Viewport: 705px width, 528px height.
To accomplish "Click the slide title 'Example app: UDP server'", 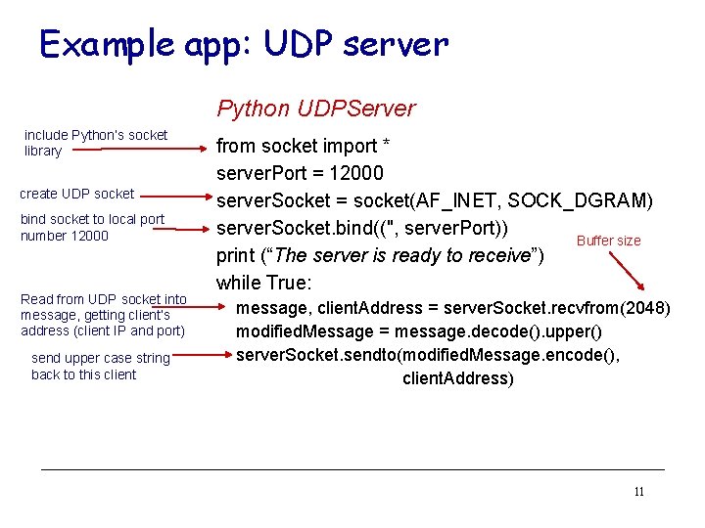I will [243, 44].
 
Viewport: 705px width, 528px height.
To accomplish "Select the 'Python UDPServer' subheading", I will [315, 109].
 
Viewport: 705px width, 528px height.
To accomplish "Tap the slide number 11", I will [638, 492].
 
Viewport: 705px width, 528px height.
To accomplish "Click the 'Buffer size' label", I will [608, 241].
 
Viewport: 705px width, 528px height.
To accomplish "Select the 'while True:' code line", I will [263, 284].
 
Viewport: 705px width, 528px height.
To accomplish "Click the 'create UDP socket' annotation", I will [77, 194].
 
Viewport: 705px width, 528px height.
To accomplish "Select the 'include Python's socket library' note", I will [95, 143].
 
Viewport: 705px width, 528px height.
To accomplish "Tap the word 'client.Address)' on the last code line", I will [457, 378].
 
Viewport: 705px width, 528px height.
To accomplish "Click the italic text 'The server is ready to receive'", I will [387, 256].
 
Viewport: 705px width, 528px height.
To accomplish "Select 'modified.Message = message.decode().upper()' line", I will [418, 331].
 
